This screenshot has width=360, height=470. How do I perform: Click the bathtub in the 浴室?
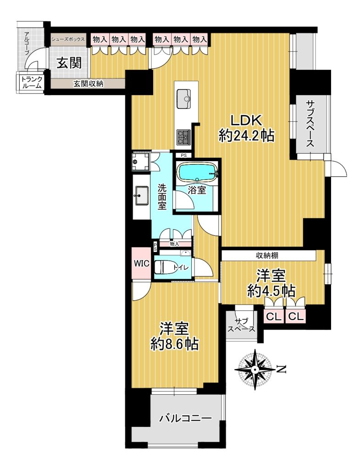tap(197, 173)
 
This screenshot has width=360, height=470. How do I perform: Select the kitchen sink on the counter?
tap(184, 99)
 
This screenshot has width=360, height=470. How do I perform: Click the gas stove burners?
tap(183, 137)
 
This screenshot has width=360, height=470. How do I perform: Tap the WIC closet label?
tap(141, 263)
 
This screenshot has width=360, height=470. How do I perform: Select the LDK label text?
tap(246, 121)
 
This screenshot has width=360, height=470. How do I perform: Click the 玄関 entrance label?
tap(69, 63)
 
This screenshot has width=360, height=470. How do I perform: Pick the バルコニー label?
tap(185, 418)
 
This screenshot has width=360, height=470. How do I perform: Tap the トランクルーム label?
tap(31, 83)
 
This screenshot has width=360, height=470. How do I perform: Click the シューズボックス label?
tap(68, 39)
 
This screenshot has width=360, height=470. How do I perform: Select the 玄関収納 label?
tap(89, 84)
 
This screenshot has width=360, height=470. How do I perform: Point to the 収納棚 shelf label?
tap(267, 255)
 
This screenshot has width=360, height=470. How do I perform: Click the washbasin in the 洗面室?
tap(141, 195)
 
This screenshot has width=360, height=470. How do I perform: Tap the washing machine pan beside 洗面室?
tap(141, 162)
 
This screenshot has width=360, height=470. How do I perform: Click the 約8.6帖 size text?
tap(174, 345)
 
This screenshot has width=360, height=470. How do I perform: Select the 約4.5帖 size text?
tap(271, 291)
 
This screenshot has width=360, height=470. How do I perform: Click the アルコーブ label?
tap(27, 44)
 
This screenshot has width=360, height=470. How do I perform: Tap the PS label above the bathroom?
tap(183, 156)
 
